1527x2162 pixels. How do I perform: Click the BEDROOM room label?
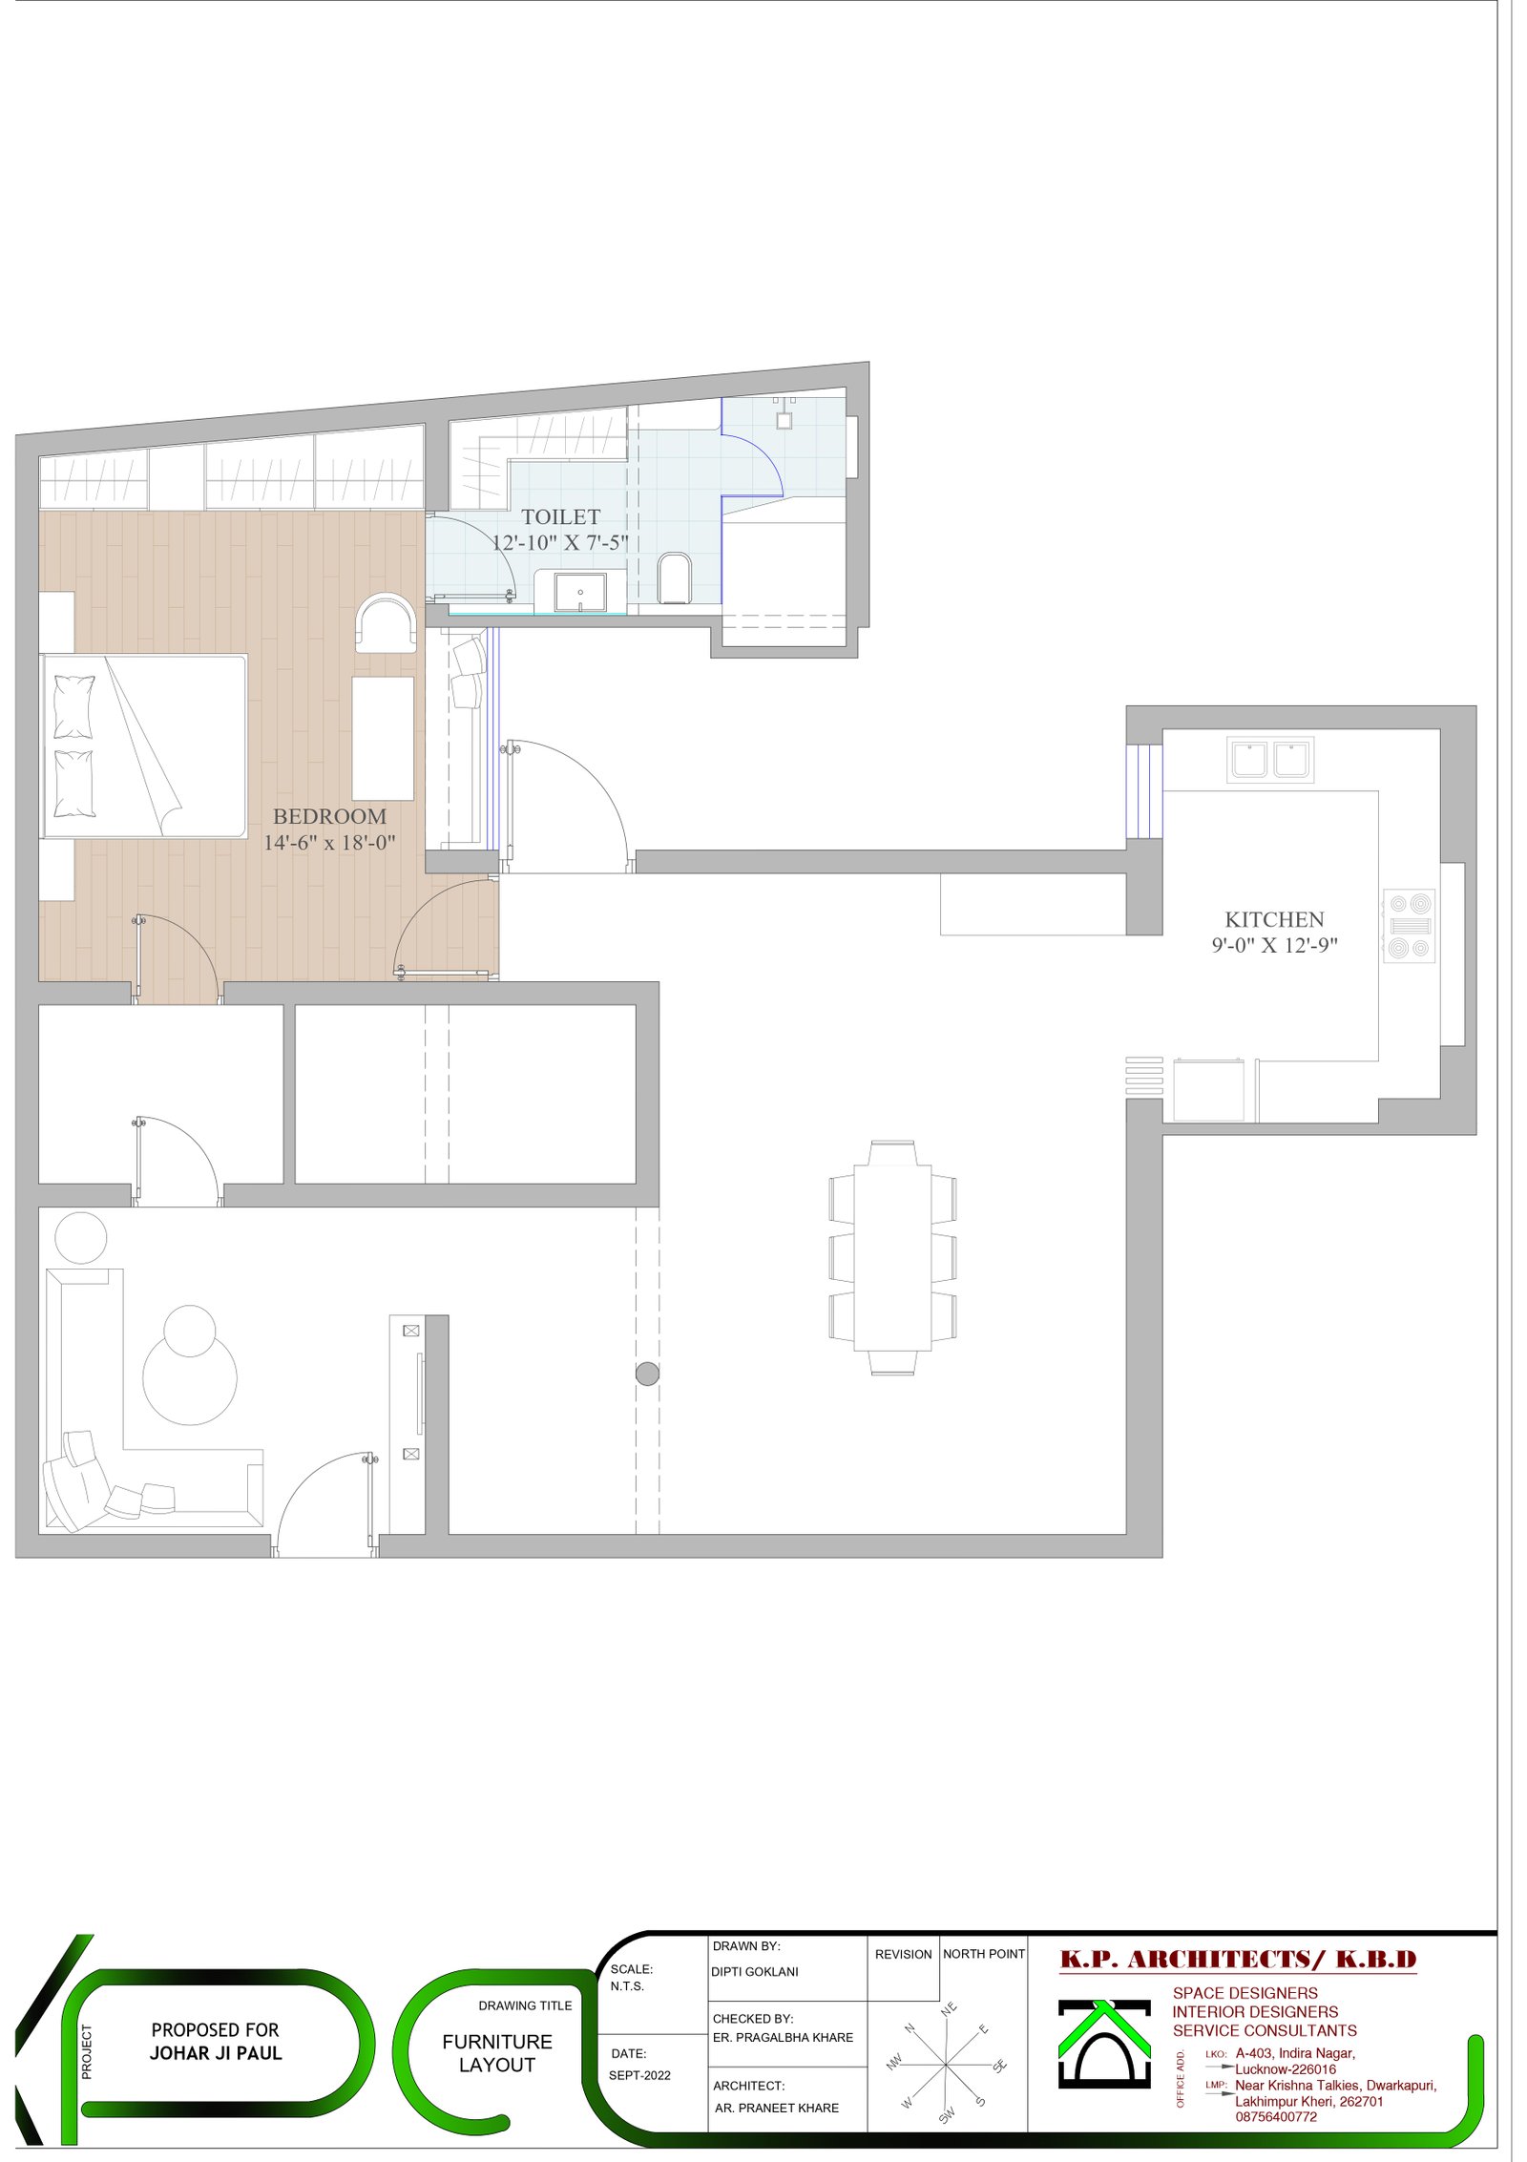(x=329, y=816)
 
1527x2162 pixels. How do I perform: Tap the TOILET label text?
(x=560, y=516)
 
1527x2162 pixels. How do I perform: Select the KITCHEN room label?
(x=1274, y=919)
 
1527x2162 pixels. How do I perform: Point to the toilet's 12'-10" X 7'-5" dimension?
(x=560, y=542)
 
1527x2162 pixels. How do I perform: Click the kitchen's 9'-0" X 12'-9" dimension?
(x=1274, y=945)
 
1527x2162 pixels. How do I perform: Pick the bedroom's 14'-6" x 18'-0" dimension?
(x=329, y=842)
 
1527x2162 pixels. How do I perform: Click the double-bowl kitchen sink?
(x=1269, y=760)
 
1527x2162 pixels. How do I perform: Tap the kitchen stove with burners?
(x=1410, y=925)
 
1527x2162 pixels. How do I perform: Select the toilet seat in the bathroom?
(x=674, y=577)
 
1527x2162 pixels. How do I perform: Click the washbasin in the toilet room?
(x=580, y=592)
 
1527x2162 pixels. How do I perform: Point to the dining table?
(x=892, y=1257)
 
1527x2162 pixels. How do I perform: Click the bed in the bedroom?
(x=144, y=745)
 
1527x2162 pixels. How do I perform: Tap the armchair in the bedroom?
(x=386, y=623)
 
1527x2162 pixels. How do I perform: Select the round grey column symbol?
(x=647, y=1374)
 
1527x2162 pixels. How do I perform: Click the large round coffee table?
(x=190, y=1377)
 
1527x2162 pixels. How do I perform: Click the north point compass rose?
(x=945, y=2064)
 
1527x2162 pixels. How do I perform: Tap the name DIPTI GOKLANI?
(x=754, y=1971)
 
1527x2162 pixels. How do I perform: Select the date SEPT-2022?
(x=639, y=2075)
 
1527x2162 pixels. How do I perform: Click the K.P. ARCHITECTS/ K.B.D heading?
(x=1238, y=1960)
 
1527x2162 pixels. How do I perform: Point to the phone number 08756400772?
(x=1276, y=2116)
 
